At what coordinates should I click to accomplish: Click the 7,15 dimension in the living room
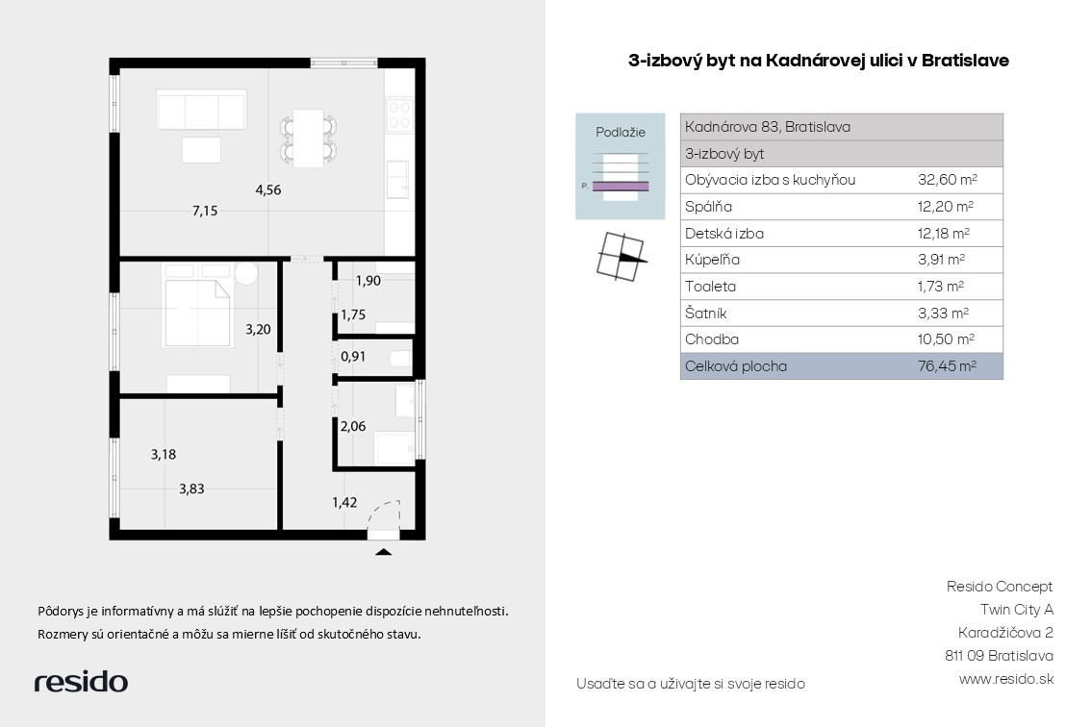[205, 211]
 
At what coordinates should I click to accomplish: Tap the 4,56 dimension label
[268, 190]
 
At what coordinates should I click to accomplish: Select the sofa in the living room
[201, 110]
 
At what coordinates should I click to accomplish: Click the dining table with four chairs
[308, 138]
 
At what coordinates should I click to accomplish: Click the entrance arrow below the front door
[383, 552]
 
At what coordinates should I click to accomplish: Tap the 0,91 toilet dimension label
[353, 357]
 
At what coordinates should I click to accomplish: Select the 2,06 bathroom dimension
[353, 426]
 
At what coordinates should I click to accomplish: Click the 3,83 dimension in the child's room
[191, 489]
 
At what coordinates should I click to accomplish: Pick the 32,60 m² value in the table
[947, 180]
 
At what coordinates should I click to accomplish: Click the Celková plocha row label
[735, 366]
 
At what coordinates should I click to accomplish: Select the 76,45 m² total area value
[947, 366]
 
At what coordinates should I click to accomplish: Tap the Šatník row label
[705, 313]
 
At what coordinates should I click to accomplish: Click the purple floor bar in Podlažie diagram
[621, 186]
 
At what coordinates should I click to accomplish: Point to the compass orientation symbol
[621, 257]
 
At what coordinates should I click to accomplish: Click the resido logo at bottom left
[82, 682]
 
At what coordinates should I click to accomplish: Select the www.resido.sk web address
[1006, 679]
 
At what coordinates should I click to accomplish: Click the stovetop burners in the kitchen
[399, 114]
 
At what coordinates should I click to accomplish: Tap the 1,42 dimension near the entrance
[344, 502]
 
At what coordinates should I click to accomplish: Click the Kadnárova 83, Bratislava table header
[768, 127]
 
